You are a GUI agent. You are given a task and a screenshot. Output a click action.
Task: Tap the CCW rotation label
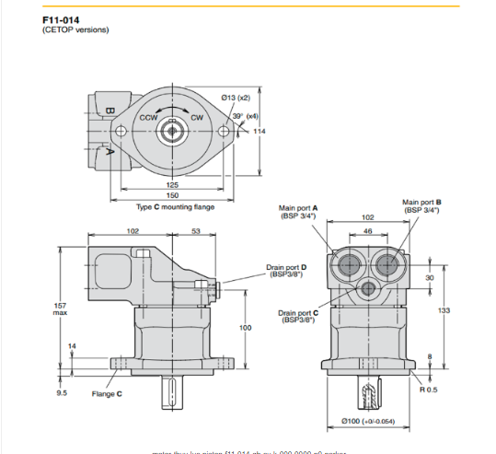point(148,118)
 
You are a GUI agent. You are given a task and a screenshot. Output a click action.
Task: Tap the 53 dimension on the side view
point(196,232)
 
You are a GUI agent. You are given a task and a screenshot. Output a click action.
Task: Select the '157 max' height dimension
point(61,308)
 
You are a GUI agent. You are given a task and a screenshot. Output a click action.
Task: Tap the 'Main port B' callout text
point(421,205)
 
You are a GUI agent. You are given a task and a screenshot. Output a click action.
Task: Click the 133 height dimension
point(444,310)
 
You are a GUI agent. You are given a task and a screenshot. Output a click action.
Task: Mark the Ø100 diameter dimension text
point(368,421)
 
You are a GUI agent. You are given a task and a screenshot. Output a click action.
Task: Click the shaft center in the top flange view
point(172,133)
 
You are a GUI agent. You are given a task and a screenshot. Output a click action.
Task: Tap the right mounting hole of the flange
point(222,133)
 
